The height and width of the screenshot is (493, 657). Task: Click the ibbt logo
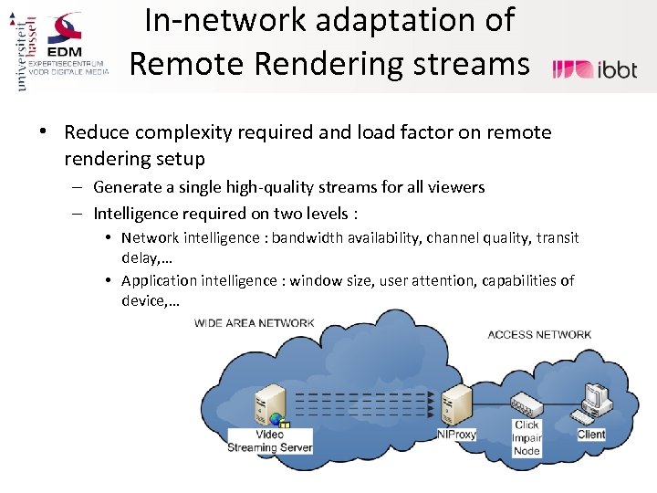[595, 69]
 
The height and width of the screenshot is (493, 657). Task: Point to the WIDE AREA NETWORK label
[255, 322]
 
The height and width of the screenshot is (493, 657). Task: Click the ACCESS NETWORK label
[539, 334]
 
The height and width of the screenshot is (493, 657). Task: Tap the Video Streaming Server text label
[270, 441]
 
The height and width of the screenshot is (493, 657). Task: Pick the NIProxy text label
[456, 435]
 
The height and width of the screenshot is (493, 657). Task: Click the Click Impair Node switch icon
[527, 403]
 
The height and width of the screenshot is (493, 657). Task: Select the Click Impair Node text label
[527, 438]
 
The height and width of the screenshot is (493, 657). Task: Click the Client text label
[591, 435]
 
